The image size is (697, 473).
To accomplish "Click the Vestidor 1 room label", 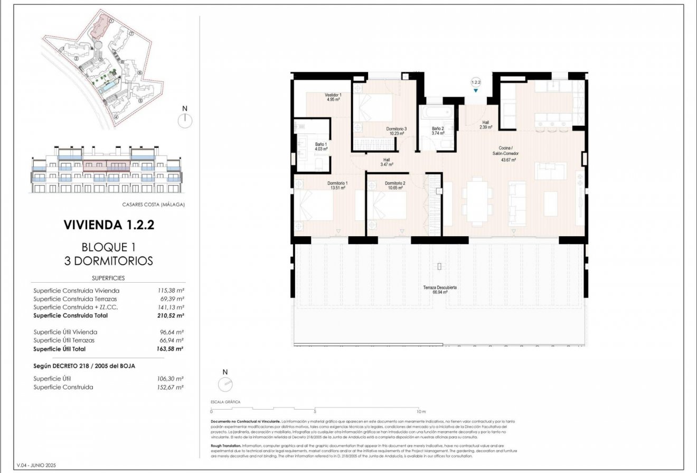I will (333, 97).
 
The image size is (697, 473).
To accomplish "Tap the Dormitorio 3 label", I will (396, 131).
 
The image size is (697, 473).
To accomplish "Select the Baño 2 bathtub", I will (437, 113).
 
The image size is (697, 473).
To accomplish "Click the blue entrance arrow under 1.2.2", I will (476, 91).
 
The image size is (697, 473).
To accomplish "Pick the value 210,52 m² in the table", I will (173, 316).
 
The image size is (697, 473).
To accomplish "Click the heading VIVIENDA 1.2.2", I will (109, 225).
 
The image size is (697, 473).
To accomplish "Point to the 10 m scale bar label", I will (420, 411).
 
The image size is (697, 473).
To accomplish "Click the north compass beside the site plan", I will (185, 121).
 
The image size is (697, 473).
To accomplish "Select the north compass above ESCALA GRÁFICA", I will (225, 384).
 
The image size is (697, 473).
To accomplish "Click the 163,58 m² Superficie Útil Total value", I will (173, 349).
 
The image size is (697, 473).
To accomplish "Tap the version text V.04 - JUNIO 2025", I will (36, 465).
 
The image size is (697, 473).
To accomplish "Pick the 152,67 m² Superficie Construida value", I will (173, 387).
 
